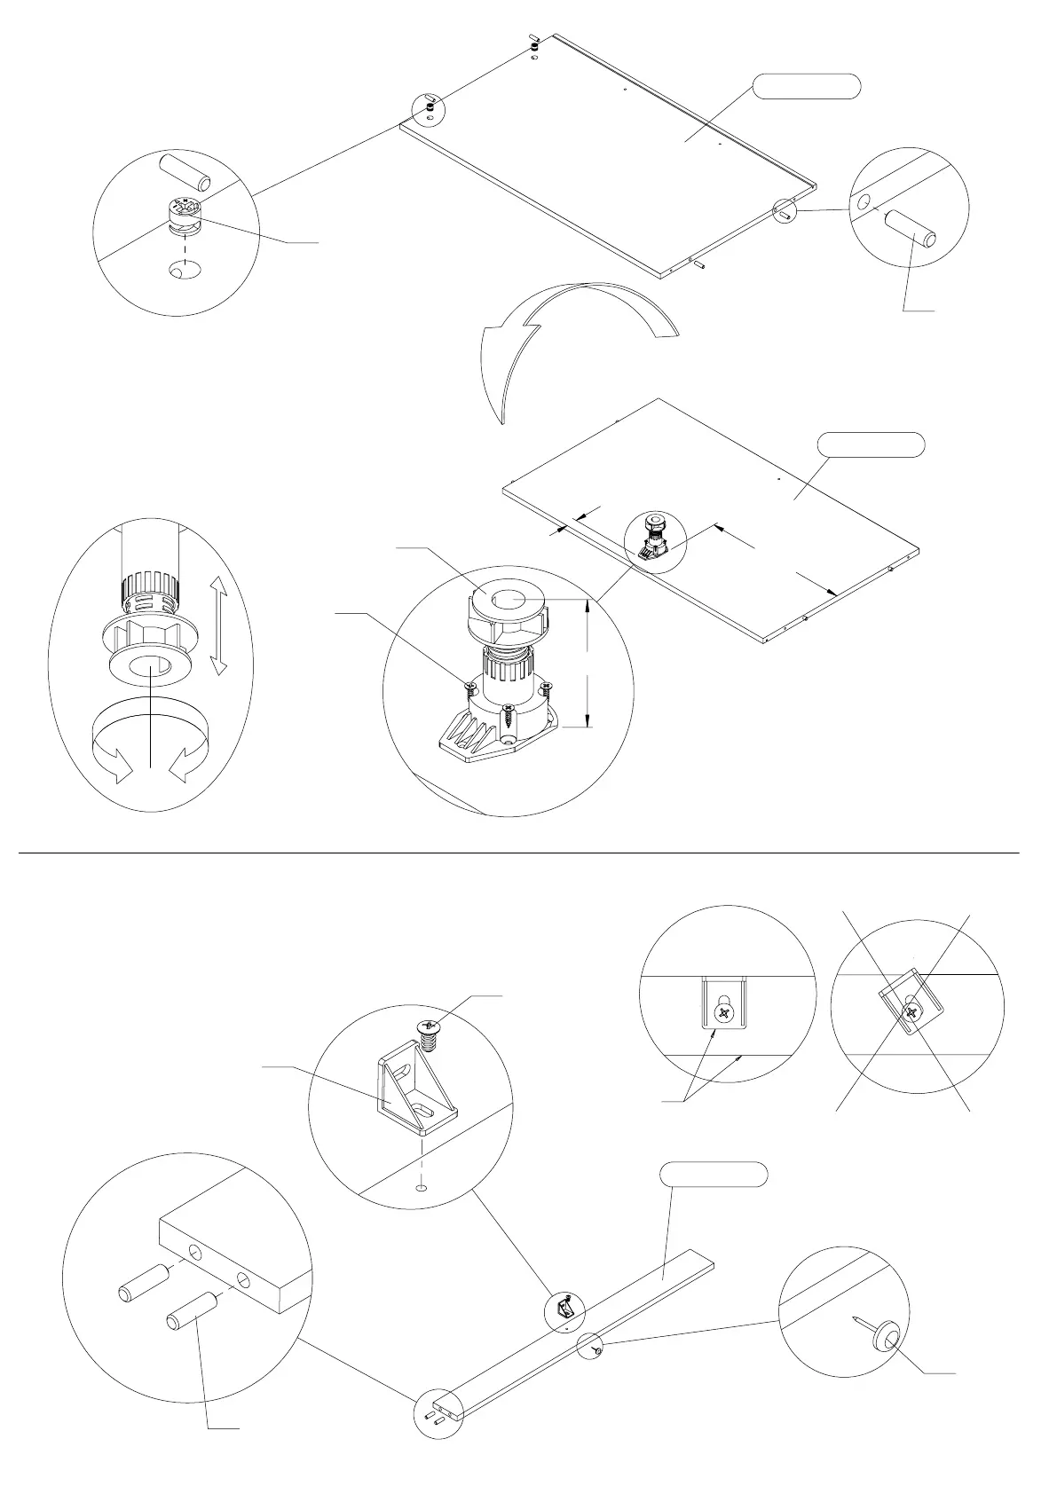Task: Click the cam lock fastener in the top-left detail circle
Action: pos(184,216)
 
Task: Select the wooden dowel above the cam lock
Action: pos(184,172)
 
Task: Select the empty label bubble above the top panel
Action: pos(807,86)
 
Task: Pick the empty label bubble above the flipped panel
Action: pos(871,444)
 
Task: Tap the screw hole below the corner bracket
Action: pos(422,1186)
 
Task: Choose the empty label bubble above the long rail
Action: pos(714,1174)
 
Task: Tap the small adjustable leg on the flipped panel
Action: pos(653,538)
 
